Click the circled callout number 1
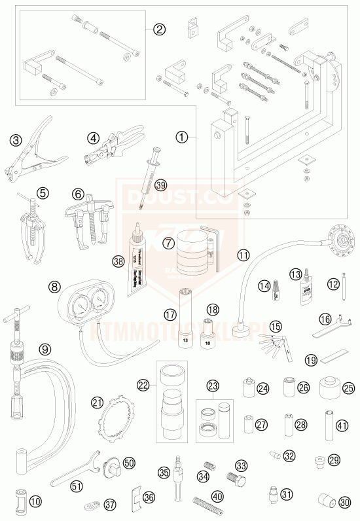click(182, 137)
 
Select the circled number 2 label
click(159, 29)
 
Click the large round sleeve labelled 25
click(331, 390)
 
